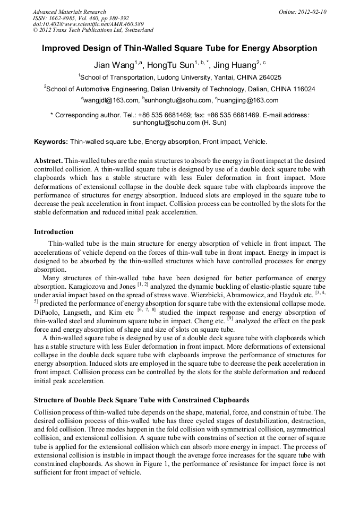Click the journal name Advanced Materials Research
[x=69, y=12]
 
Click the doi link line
[x=88, y=24]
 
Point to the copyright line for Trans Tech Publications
[x=93, y=30]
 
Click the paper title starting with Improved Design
[x=179, y=48]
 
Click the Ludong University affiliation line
[x=179, y=77]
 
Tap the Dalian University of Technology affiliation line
[x=179, y=89]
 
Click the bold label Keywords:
[x=51, y=142]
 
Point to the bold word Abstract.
[x=48, y=160]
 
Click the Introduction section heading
[x=54, y=232]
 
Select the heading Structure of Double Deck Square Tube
[x=141, y=400]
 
